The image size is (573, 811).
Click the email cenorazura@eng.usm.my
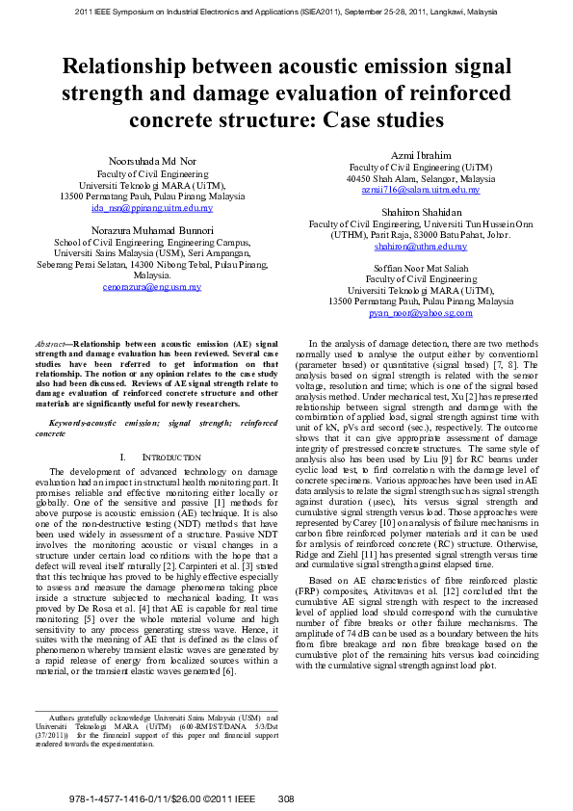tap(152, 287)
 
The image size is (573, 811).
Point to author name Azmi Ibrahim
tap(421, 155)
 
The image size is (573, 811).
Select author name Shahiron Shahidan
tap(421, 212)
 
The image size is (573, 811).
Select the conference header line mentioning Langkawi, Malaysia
tap(286, 13)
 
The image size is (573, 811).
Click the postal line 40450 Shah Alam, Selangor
tap(421, 178)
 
